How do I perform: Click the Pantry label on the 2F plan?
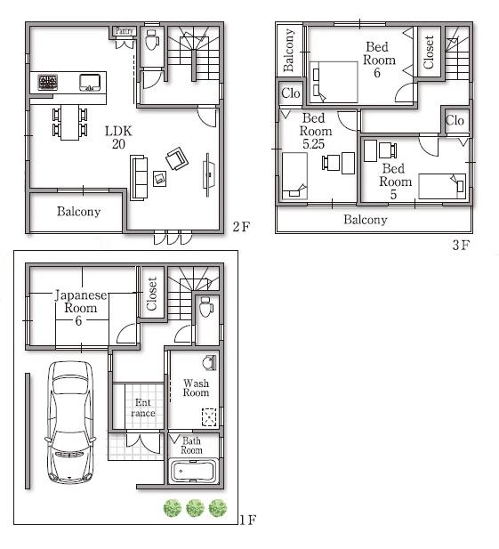[125, 31]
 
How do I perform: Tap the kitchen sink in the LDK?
[90, 83]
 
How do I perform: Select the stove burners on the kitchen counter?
[47, 84]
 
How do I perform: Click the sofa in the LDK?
[139, 176]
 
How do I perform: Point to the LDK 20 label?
[117, 138]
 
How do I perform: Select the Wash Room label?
[196, 387]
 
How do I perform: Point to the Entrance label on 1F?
[142, 408]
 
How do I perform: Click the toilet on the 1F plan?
[205, 309]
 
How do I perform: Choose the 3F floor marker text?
[459, 245]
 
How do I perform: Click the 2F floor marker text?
[240, 226]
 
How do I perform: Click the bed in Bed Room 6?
[333, 80]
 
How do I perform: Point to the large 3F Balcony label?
[366, 220]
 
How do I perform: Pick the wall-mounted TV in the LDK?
[209, 170]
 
